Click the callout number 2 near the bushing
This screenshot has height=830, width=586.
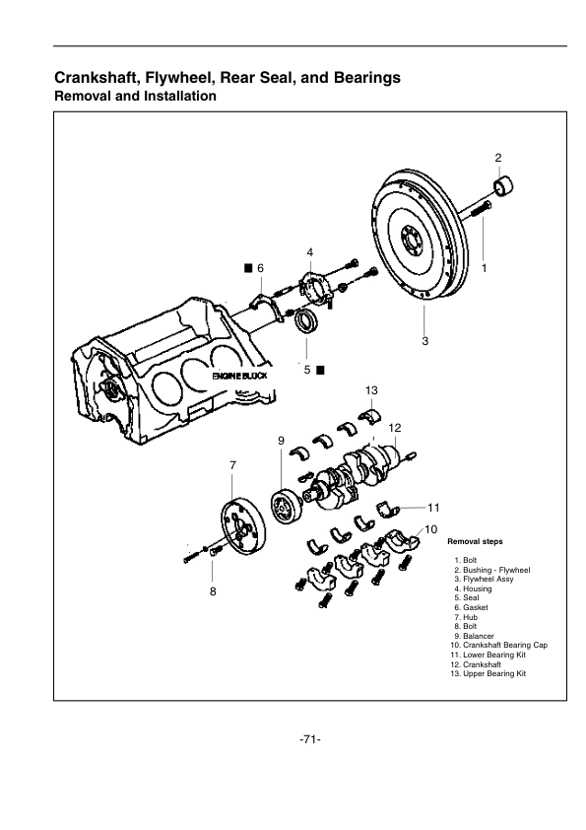point(498,158)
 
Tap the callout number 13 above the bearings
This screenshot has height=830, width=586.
point(371,391)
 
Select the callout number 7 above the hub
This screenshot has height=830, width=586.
point(232,464)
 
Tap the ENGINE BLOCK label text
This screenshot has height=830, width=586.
point(238,378)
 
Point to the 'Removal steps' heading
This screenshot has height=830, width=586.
point(477,542)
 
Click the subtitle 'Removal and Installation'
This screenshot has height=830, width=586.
point(135,97)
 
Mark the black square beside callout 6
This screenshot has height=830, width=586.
point(248,268)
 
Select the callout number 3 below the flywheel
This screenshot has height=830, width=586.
point(424,341)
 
